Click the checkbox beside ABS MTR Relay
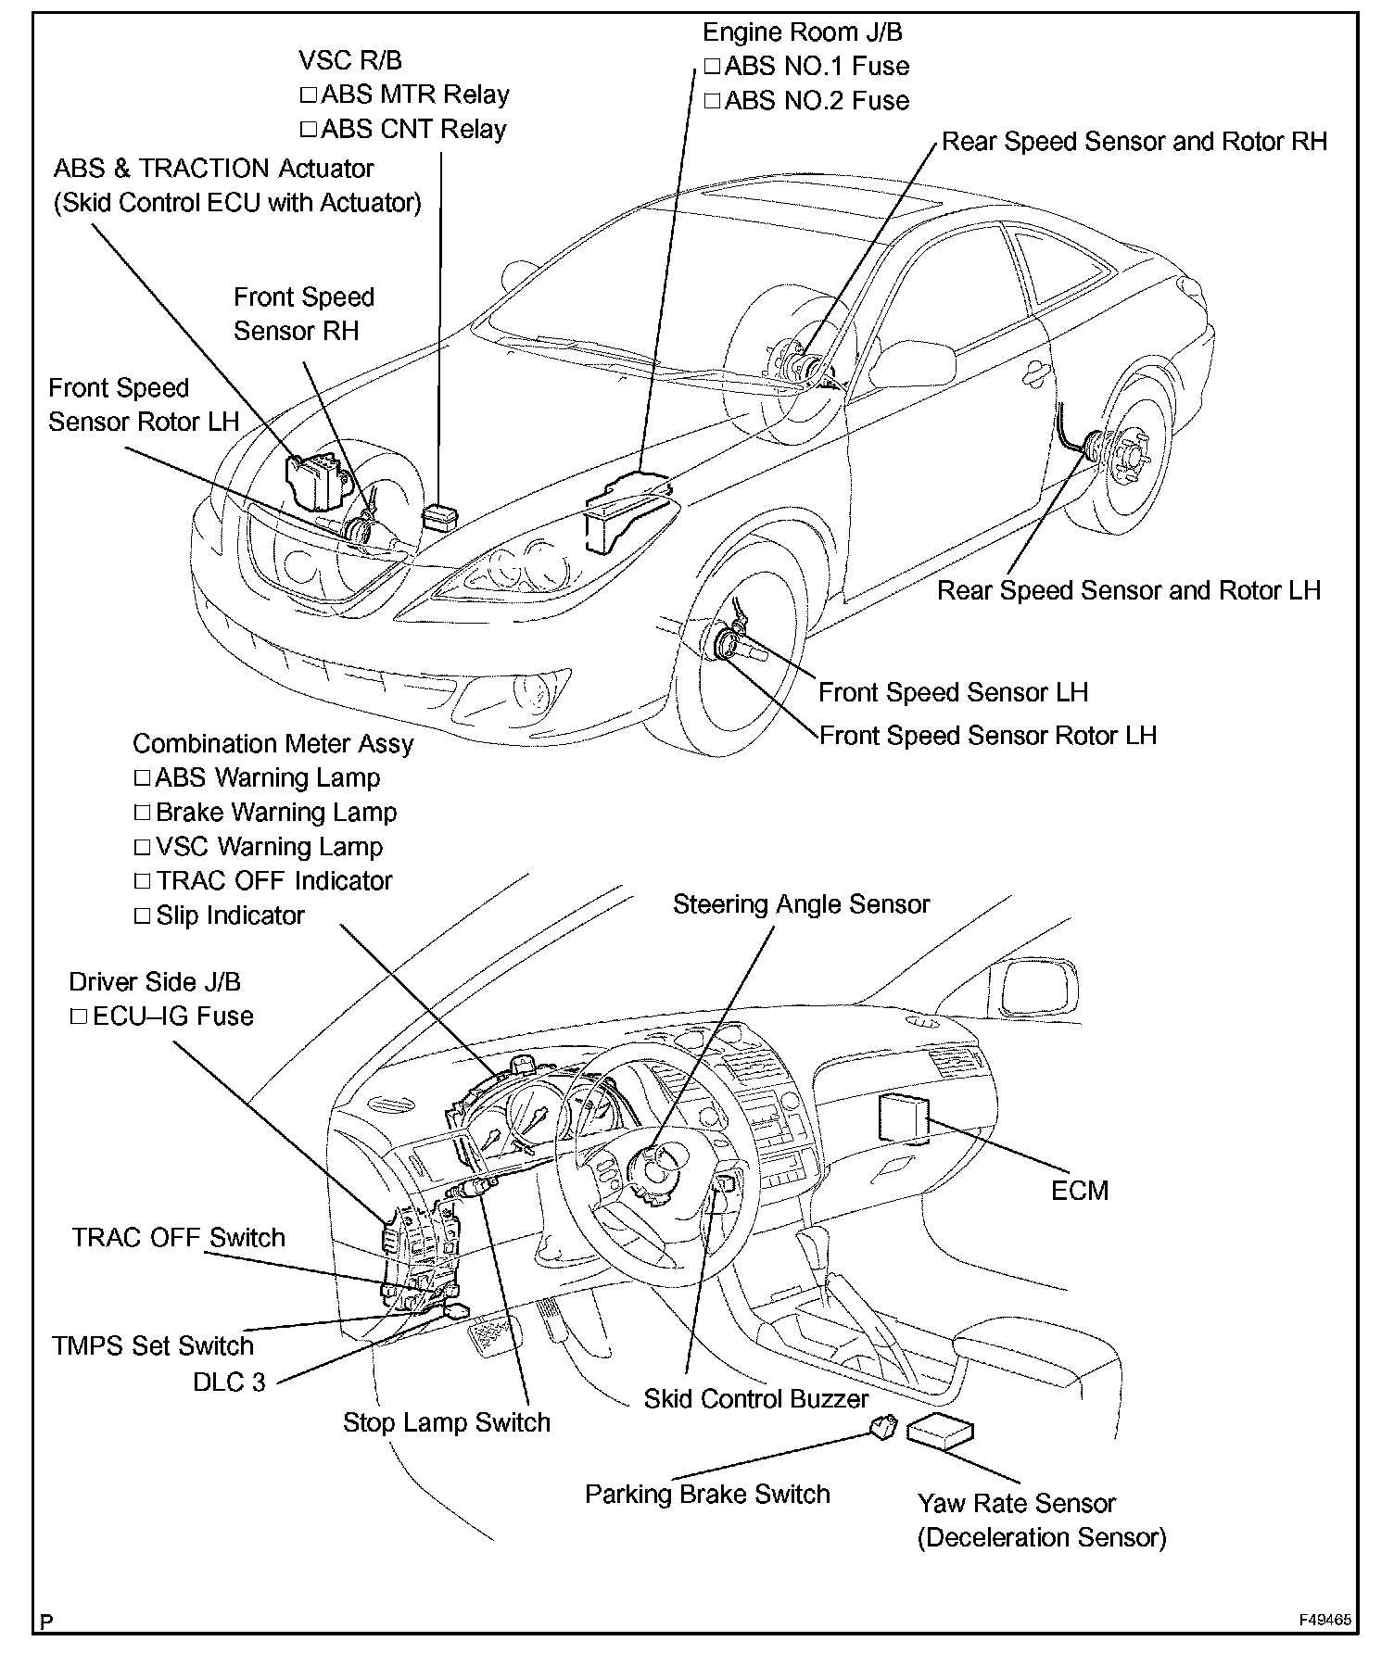tap(309, 95)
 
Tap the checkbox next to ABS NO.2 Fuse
tap(712, 101)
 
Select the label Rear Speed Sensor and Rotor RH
tap(1134, 142)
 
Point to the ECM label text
tap(1080, 1191)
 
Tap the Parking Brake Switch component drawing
tap(882, 1426)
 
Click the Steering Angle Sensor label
tap(801, 904)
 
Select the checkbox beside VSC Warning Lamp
tap(142, 847)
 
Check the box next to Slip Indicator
tap(142, 916)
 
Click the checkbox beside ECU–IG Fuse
tap(79, 1016)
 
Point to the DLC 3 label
tap(229, 1382)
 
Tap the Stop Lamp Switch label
tap(446, 1422)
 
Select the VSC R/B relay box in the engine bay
tap(438, 517)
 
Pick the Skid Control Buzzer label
tap(756, 1398)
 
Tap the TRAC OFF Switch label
tap(179, 1238)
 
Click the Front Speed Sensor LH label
tap(953, 692)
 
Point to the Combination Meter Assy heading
tap(272, 744)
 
